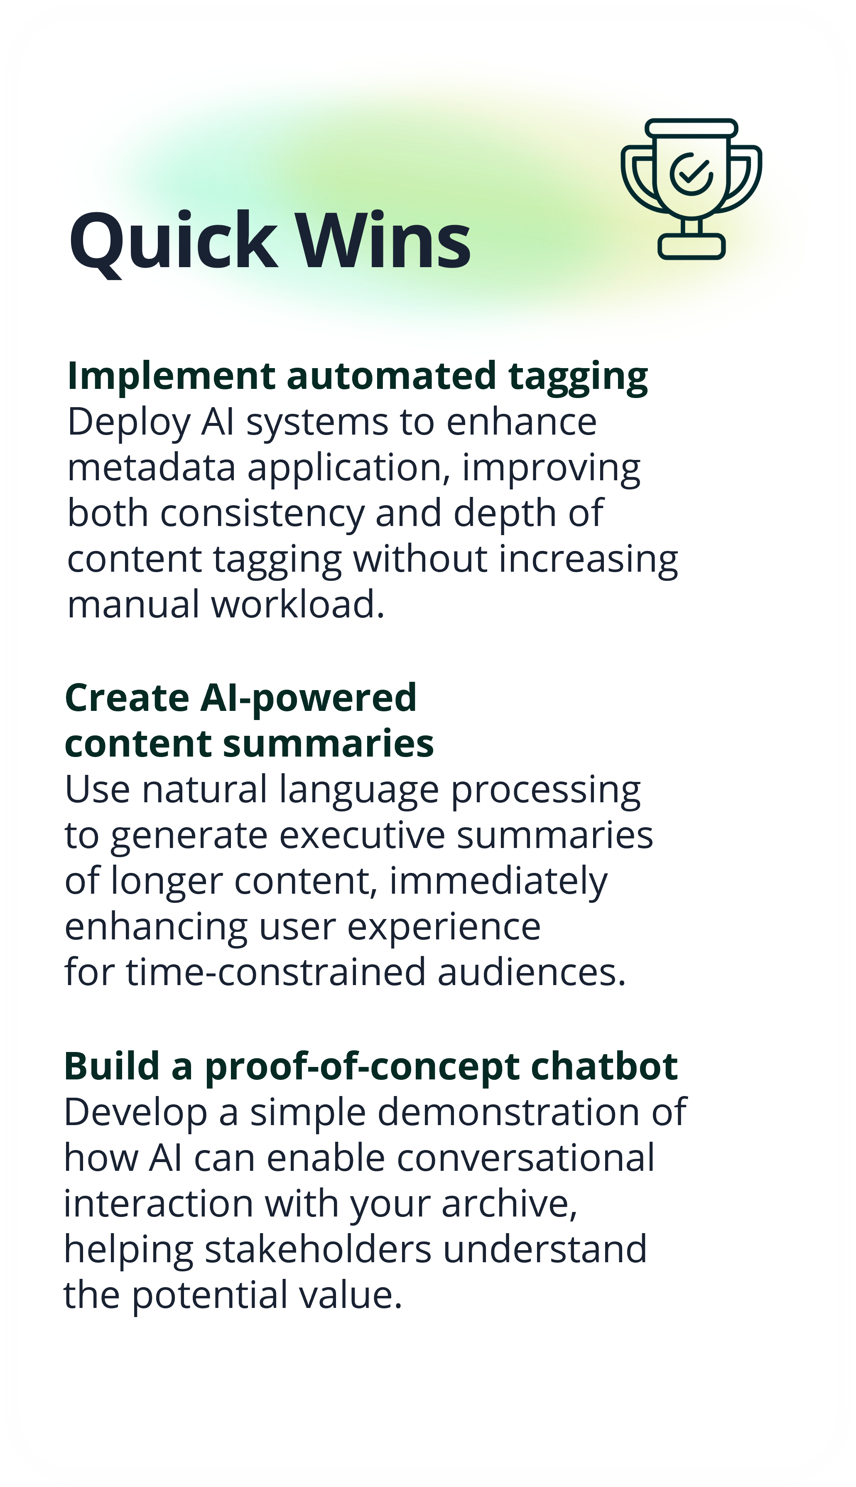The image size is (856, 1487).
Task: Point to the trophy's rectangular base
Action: [692, 246]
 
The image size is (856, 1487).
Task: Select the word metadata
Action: [151, 468]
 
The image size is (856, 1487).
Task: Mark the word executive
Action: [362, 836]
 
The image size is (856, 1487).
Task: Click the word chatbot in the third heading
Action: [604, 1067]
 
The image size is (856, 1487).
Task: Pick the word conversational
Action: [525, 1158]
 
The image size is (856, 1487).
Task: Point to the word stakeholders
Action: [318, 1249]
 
